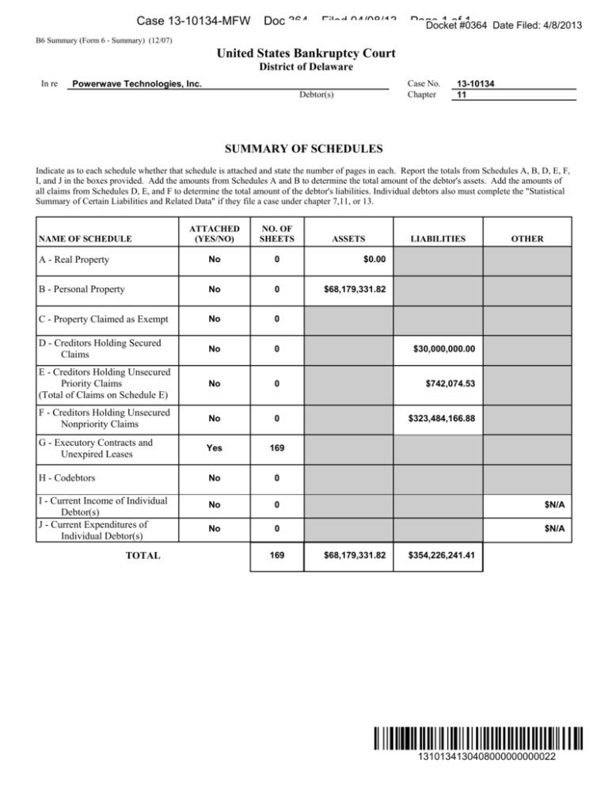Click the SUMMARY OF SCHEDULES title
pos(304,149)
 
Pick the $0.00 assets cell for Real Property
pos(370,259)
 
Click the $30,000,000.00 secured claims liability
pos(444,348)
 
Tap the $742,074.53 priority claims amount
pos(452,384)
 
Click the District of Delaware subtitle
pos(304,67)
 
